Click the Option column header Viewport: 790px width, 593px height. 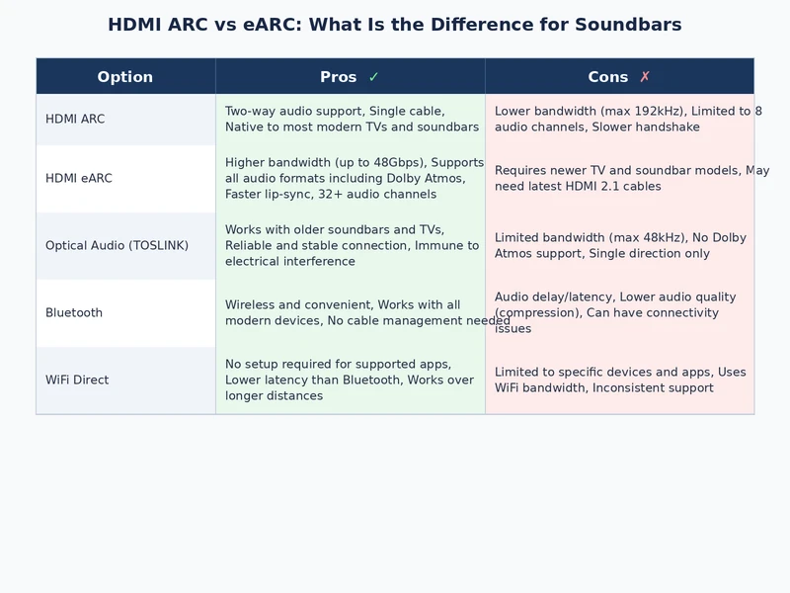point(124,77)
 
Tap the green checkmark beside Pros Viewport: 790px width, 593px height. point(373,77)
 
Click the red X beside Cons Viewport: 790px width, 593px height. point(645,77)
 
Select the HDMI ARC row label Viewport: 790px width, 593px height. point(75,120)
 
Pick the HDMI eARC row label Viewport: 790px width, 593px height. point(79,179)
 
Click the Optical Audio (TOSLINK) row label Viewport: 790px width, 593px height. point(117,246)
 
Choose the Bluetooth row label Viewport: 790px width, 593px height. point(74,313)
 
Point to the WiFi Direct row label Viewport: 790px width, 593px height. point(77,381)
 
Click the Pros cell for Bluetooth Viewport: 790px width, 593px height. point(350,313)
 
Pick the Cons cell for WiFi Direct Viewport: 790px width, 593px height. point(619,381)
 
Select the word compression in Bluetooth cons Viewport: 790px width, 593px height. point(537,313)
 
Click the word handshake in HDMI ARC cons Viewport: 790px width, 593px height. point(667,127)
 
